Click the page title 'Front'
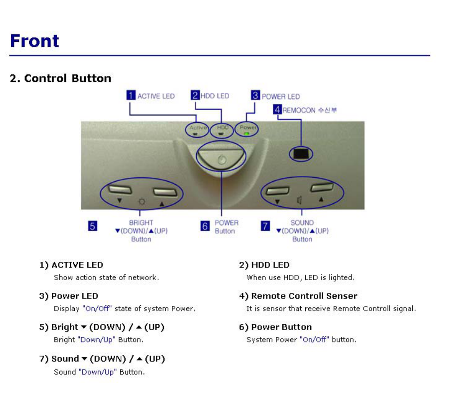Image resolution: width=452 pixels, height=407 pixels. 35,41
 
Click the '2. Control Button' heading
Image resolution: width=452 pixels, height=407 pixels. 60,78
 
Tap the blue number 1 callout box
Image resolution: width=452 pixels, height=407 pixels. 131,95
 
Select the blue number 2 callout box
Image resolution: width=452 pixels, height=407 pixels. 195,95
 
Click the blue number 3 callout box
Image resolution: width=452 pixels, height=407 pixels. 255,95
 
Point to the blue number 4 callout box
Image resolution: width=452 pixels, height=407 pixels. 277,109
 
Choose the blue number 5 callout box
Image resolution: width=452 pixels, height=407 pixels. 92,226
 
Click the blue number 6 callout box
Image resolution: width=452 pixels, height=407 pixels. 205,226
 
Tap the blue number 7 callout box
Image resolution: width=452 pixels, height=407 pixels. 266,226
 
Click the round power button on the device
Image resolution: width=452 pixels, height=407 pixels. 221,158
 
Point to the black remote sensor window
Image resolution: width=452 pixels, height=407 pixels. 301,154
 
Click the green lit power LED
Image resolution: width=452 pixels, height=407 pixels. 247,134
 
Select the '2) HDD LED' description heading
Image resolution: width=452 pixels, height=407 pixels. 264,265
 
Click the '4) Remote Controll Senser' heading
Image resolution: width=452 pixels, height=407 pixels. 298,296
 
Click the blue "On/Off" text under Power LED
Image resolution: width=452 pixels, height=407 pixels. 97,309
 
